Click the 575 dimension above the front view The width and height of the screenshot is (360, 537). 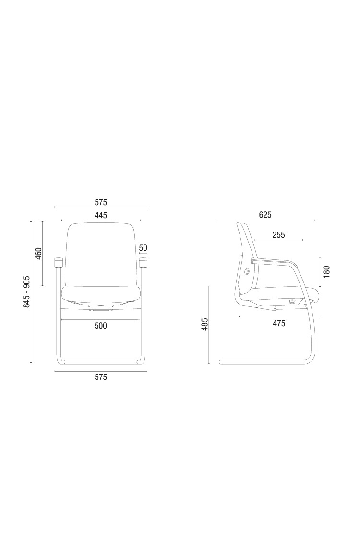coord(101,202)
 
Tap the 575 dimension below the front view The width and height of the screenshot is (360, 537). coord(101,377)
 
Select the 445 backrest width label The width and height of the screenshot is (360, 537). coord(101,215)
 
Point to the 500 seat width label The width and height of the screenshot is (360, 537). coord(101,325)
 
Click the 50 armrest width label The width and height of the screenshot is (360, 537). coord(143,248)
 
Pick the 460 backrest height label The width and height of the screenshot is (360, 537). coord(38,254)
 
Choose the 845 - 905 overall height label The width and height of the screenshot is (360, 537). coord(27,292)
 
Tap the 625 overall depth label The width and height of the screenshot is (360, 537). coord(265,215)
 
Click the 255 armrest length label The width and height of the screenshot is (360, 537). coord(278,235)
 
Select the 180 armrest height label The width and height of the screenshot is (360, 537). coord(326,271)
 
